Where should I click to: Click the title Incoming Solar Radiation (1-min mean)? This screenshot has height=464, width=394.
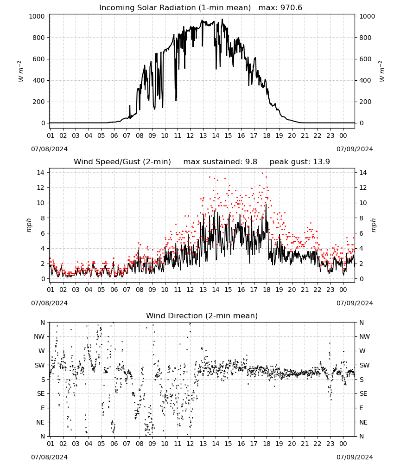pos(175,8)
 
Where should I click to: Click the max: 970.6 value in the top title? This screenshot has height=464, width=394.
pos(280,8)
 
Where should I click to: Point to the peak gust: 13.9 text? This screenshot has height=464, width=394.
pos(300,162)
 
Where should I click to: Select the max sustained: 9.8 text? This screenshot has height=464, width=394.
pos(220,162)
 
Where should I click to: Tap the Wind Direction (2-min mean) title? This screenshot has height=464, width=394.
pos(202,316)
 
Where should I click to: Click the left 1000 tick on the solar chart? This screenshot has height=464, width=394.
pos(37,16)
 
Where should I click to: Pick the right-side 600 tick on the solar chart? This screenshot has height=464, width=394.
pos(365,59)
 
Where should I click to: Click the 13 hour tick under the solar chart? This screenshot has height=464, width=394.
pos(203,135)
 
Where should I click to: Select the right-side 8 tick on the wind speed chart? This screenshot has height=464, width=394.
pos(361,218)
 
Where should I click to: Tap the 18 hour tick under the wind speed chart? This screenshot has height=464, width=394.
pos(267,290)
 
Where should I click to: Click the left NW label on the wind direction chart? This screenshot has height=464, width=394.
pos(39,337)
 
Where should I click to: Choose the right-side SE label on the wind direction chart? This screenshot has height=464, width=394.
pos(363,394)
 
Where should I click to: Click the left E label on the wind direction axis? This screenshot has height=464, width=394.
pos(43,408)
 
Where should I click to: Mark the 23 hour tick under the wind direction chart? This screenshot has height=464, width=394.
pos(330,444)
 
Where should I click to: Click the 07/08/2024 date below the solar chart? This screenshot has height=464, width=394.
pos(49,149)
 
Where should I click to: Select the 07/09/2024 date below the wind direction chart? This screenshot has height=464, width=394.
pos(355,457)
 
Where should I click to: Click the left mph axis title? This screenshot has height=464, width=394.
pos(29,225)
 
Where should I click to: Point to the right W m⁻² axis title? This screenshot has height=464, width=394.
pos(381,71)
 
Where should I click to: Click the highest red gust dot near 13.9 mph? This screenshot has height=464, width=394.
pos(262,174)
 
